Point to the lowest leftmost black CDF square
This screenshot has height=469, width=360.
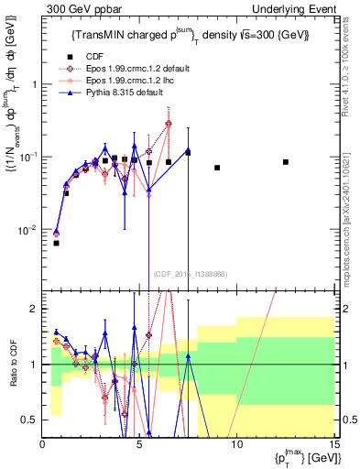(x=56, y=243)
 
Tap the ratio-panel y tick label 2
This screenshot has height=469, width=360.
(x=33, y=309)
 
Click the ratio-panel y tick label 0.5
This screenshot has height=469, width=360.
(x=29, y=420)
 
